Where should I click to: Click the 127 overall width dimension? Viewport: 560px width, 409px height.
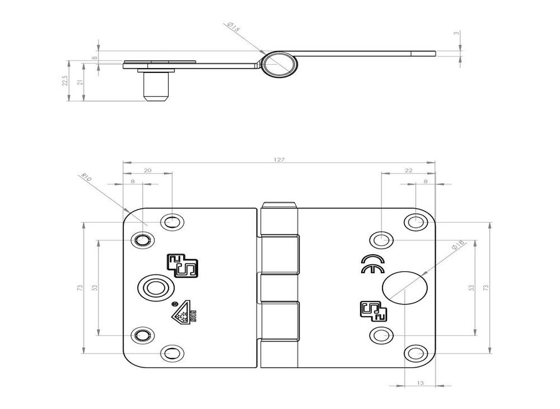tap(279, 160)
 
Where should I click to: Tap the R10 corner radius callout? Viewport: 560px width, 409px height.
tap(87, 178)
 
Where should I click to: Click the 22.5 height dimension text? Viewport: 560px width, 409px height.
tap(64, 81)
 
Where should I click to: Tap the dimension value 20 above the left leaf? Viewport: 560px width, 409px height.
tap(147, 170)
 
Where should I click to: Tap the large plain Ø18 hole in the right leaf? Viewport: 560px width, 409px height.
tap(405, 288)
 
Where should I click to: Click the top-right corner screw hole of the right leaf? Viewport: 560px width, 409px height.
tap(414, 221)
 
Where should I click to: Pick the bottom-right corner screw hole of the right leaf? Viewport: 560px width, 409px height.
tap(414, 354)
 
